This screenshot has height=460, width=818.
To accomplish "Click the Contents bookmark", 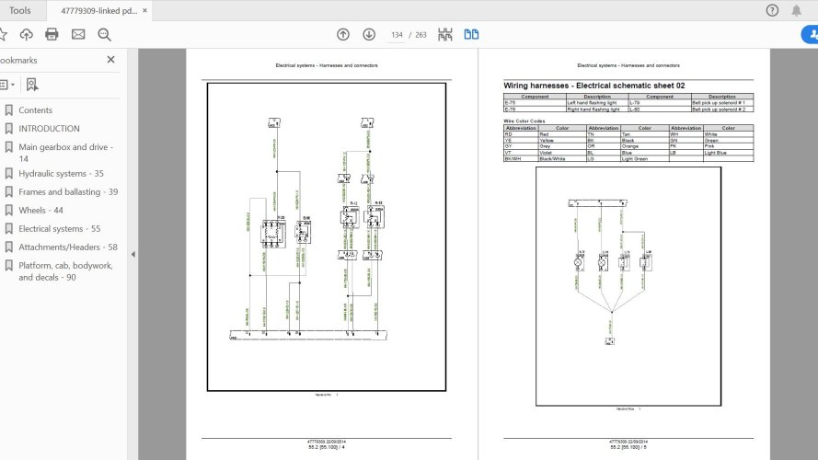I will coord(35,110).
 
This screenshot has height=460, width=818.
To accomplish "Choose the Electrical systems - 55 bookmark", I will coord(59,228).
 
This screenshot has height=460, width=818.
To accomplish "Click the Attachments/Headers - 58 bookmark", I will coord(67,247).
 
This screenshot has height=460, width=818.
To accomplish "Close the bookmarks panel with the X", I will coord(110,59).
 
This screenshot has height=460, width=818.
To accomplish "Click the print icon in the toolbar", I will coord(52,34).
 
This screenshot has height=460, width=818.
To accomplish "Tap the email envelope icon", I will coord(78,34).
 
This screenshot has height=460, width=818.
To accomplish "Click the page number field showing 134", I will coord(397,35).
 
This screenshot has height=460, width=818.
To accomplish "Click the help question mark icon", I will coord(772,10).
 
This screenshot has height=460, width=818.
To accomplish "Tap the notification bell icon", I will coord(797,10).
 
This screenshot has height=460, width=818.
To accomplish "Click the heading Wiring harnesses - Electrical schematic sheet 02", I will coord(593,86).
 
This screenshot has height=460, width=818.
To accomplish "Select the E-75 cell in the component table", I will coord(509,101).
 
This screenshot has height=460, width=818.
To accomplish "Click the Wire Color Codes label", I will coord(524,121).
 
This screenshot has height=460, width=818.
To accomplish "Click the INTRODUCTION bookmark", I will coord(49,129).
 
